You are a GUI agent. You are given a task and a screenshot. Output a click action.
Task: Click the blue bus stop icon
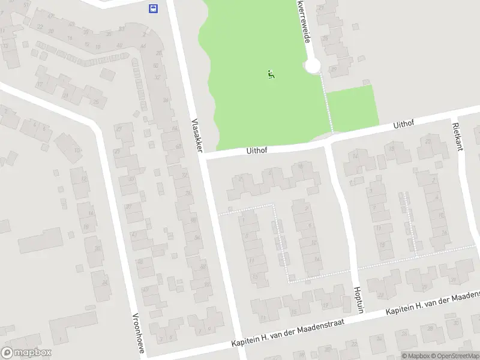coord(154,8)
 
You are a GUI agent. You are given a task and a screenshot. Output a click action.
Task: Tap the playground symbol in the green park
coord(271,76)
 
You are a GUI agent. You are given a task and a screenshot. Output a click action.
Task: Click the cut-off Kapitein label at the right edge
coord(432,304)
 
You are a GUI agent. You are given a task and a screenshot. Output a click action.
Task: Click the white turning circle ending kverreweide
coord(313,66)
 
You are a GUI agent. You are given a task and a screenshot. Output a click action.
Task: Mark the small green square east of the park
coord(353,108)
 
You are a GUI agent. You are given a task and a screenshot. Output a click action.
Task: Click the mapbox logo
coord(26,353)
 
